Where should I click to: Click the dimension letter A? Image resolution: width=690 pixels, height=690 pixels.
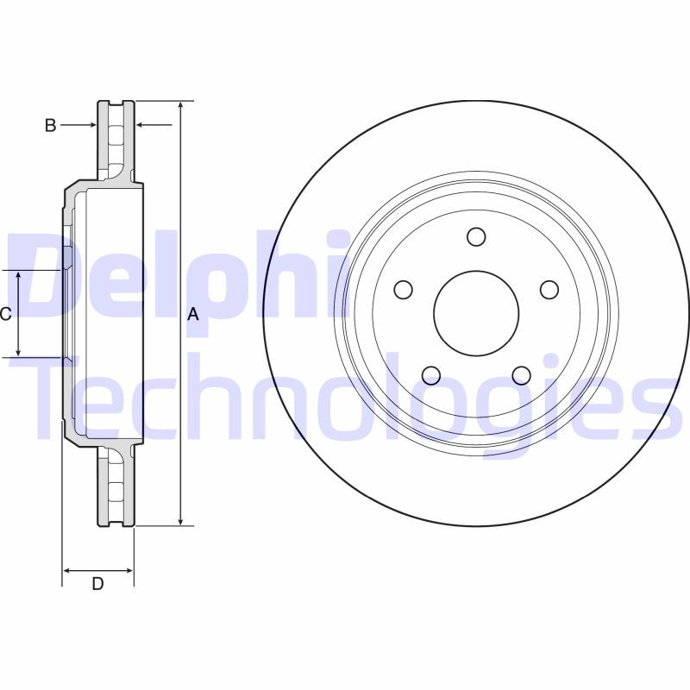tap(193, 315)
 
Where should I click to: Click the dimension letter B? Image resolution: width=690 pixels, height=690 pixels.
tap(51, 126)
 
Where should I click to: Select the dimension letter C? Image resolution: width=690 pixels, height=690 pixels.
tap(5, 314)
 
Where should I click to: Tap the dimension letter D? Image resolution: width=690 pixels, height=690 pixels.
tap(97, 584)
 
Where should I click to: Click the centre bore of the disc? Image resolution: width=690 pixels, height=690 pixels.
tap(475, 313)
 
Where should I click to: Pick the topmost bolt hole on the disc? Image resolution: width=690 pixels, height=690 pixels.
tap(476, 236)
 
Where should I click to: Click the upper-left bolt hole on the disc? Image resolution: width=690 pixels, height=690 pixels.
tap(403, 290)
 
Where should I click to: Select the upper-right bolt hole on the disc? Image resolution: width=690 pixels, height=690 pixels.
tap(549, 290)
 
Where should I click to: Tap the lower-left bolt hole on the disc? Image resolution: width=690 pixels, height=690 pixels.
tap(430, 375)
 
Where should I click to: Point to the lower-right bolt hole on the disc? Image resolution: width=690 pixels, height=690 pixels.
tap(521, 375)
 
